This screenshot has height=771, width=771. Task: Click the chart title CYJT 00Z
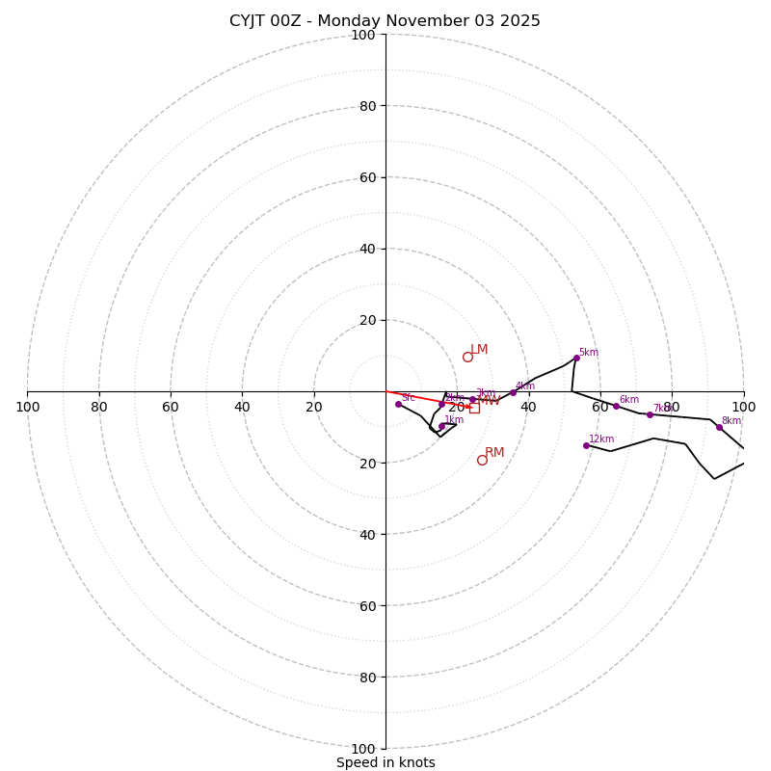coord(385,21)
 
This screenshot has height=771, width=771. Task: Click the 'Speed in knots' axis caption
coord(385,762)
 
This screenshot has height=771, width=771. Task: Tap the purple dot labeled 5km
coord(576,358)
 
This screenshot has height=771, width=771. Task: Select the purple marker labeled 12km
coord(586,445)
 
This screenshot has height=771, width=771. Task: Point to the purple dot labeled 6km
coord(616,406)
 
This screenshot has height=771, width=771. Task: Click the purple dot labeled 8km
coord(719,427)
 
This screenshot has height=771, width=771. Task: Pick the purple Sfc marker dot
coord(398,404)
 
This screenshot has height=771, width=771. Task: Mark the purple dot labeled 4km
coord(513,392)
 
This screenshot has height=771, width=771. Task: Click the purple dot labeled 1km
coord(441,426)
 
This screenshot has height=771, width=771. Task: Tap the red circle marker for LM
coord(467,357)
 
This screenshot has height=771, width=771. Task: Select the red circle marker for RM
coord(482,460)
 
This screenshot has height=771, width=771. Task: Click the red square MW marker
coord(474,408)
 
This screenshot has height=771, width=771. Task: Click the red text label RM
coord(494,452)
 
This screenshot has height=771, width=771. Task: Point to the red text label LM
coord(479,350)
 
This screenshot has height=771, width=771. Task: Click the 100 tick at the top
coord(363,35)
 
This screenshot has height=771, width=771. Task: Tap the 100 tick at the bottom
coord(363,749)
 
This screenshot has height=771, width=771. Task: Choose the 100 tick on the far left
coord(27,408)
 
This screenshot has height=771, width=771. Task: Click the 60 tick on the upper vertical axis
coord(366,177)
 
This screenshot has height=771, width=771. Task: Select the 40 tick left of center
coord(242,408)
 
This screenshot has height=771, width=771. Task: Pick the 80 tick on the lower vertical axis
coord(366,678)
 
